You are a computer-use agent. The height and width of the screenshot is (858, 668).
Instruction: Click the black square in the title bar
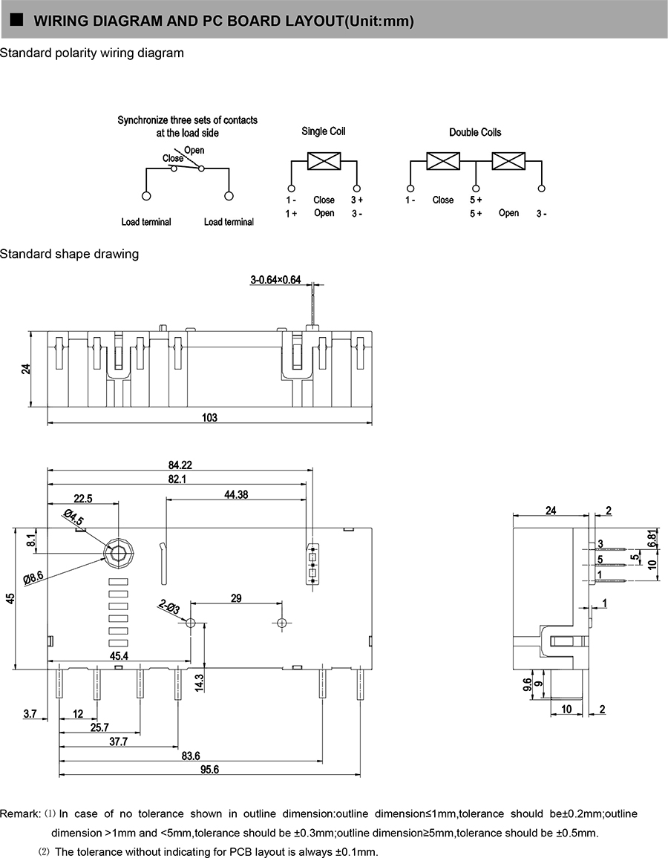tap(15, 20)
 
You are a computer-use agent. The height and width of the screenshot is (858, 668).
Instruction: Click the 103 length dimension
tap(209, 418)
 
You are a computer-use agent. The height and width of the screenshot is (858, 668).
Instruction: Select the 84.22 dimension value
tap(180, 465)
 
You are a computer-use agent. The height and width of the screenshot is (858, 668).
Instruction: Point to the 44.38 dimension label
tap(235, 494)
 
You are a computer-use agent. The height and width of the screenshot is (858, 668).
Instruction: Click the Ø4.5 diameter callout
tap(74, 519)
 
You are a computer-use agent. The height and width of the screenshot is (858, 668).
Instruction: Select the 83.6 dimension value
tap(191, 756)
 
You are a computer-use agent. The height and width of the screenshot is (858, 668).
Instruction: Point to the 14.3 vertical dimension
tap(199, 681)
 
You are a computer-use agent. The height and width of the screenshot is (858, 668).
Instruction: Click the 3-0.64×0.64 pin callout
tap(275, 280)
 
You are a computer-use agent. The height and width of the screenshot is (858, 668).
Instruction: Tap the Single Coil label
tap(324, 131)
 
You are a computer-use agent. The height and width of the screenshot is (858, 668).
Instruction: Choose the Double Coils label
tap(475, 132)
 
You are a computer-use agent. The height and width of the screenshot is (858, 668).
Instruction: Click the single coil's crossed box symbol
tap(324, 161)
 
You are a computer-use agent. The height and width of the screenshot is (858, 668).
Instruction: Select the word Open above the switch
tap(194, 150)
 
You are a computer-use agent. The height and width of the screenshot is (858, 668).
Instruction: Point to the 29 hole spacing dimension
tap(236, 597)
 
